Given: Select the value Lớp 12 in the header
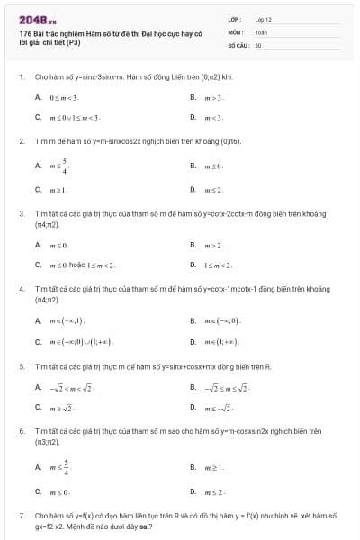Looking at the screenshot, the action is pos(263,19).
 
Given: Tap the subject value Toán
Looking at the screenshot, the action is pos(261,31).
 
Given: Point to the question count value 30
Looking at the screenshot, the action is pos(258,44).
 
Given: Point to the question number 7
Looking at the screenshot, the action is pos(22,516).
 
